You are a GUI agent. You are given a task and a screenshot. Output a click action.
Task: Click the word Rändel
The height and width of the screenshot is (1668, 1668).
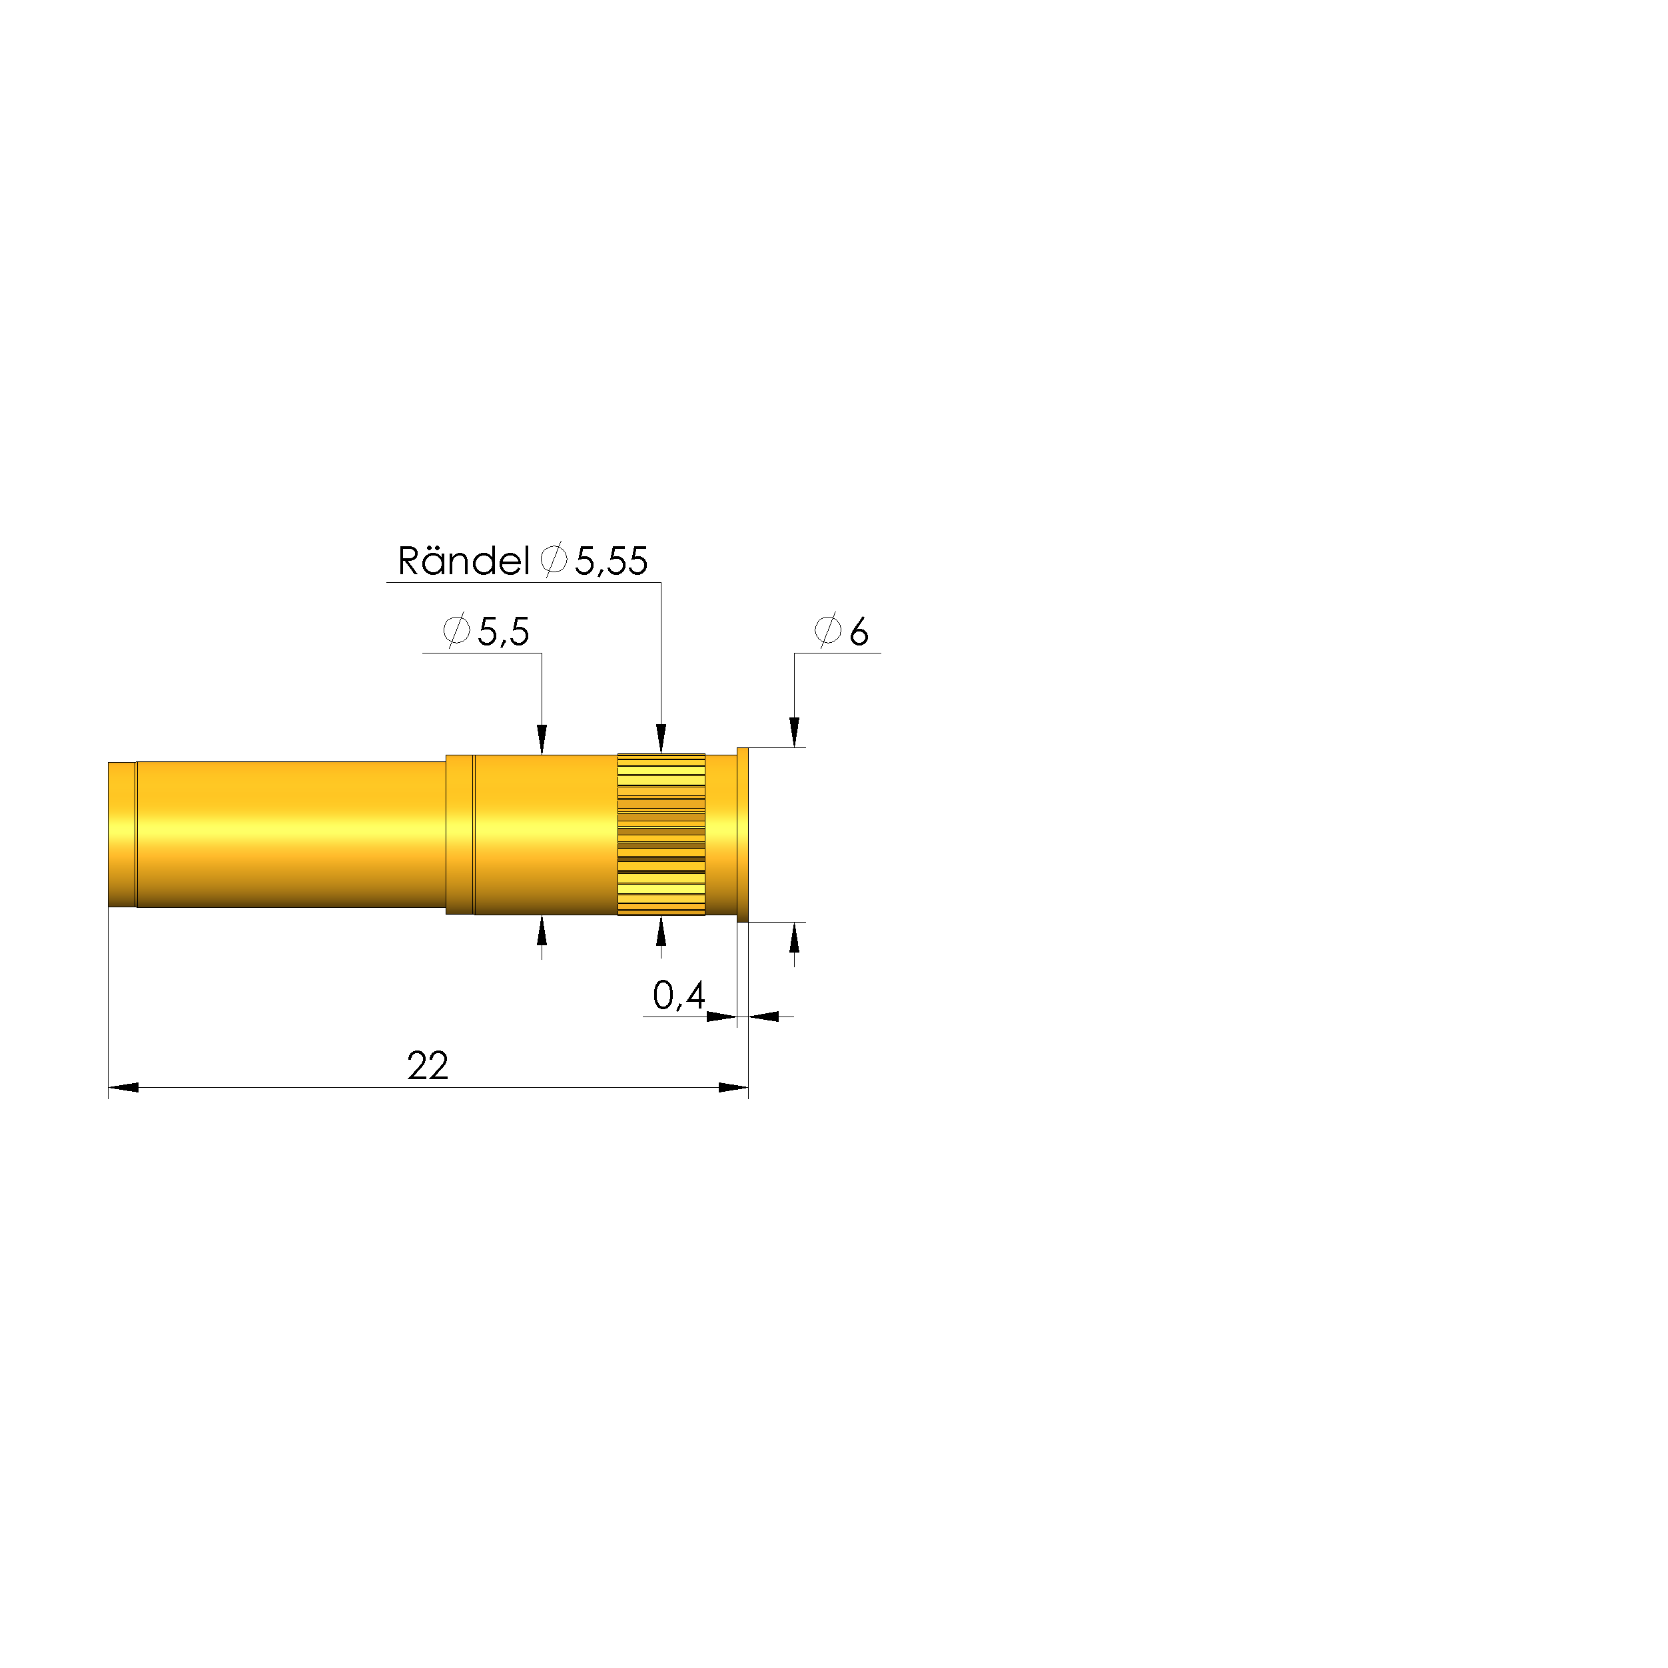coord(463,562)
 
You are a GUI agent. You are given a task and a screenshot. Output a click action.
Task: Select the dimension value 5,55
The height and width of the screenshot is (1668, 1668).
coord(612,562)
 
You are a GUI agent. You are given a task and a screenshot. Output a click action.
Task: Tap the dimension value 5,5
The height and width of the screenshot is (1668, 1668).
coord(504,633)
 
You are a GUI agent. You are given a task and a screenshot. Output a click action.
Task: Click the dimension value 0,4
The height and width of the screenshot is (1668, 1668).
coord(679,997)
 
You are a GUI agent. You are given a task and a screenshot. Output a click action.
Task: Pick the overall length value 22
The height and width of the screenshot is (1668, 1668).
coord(428,1067)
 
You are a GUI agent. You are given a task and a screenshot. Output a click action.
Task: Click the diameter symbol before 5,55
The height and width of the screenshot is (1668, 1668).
coord(554,560)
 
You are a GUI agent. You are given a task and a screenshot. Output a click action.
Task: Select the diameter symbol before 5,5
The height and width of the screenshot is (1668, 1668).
coord(456,631)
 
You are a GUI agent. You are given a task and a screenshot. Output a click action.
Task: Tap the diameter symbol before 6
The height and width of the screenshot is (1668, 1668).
coord(827,631)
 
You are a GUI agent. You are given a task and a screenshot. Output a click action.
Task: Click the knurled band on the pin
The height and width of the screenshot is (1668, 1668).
coord(661,834)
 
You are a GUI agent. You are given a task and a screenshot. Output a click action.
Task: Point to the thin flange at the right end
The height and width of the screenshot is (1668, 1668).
coord(743,834)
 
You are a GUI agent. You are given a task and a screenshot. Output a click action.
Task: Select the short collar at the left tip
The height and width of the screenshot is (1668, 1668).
coord(122,834)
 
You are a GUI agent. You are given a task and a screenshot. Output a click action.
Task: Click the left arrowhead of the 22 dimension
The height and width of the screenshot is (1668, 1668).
coord(123,1088)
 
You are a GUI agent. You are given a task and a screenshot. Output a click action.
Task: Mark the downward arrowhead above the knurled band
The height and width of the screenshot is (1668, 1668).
coord(661,739)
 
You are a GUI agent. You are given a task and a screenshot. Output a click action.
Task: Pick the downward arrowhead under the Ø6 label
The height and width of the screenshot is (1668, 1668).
coord(794,732)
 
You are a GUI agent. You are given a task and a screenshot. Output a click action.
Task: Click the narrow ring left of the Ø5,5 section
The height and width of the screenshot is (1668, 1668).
coord(460,834)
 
